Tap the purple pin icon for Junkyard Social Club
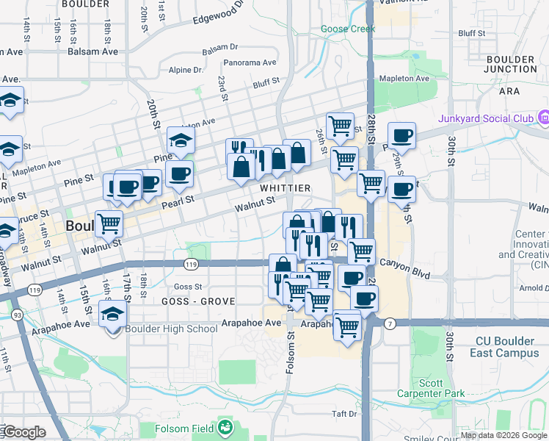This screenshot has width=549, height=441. coord(543,118)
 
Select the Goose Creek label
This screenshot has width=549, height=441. coord(348,29)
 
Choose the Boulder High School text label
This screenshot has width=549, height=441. coord(172,329)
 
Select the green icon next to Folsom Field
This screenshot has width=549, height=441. coord(225,428)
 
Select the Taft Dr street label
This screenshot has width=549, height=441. coord(343,414)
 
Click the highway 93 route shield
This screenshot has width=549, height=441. coord(15,315)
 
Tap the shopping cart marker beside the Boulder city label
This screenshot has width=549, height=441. coord(109,222)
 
